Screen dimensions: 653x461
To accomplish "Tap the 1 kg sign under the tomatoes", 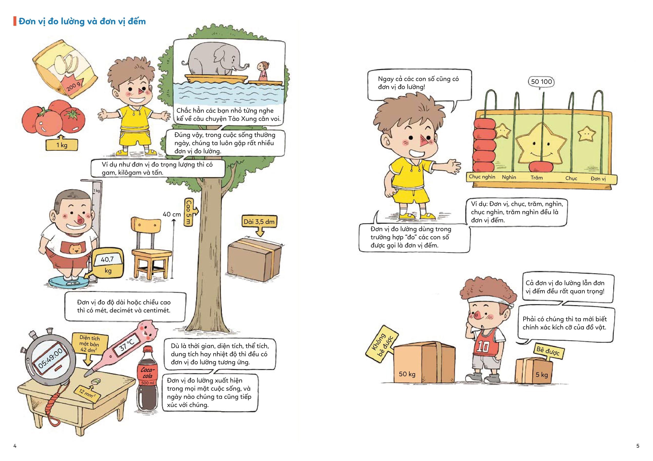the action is (x=61, y=145).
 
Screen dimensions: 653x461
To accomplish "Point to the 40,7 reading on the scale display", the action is (x=107, y=259).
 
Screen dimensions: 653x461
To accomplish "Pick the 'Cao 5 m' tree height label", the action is (x=188, y=212).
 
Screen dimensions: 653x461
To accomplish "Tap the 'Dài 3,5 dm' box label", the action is (x=259, y=221).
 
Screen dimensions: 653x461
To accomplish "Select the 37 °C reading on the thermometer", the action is (x=127, y=345).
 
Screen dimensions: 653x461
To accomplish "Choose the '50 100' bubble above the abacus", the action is (x=541, y=82).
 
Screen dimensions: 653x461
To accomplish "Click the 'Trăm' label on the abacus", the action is (x=537, y=178).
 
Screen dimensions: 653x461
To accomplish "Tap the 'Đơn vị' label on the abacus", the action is (x=598, y=179).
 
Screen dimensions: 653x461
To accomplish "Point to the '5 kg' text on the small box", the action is (x=542, y=374).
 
